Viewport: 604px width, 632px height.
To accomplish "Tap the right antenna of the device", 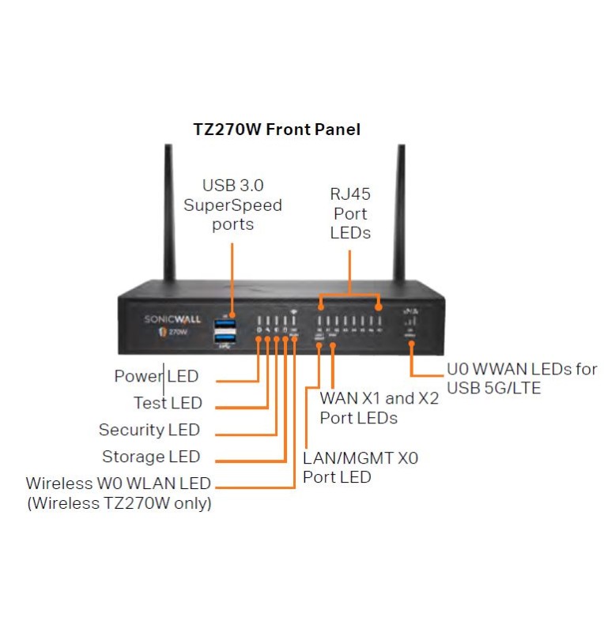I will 398,213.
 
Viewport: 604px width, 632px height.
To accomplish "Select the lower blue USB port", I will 225,340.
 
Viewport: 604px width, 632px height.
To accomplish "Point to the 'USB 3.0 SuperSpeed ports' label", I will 232,205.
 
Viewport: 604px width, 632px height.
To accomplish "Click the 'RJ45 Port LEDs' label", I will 350,213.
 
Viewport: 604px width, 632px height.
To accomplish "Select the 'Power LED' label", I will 157,376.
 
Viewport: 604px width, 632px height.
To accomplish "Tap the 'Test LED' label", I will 168,403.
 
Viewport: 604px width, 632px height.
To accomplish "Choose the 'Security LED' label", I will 149,430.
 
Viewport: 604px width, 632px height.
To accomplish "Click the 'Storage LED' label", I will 151,457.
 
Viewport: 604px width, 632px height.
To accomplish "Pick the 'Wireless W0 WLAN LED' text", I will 119,483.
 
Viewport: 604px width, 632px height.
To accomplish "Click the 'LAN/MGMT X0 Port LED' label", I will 361,467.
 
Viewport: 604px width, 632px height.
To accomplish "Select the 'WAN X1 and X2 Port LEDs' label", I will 379,408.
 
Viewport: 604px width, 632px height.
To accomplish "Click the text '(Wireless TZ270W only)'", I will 119,503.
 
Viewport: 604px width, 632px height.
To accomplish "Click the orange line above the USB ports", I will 232,273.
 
